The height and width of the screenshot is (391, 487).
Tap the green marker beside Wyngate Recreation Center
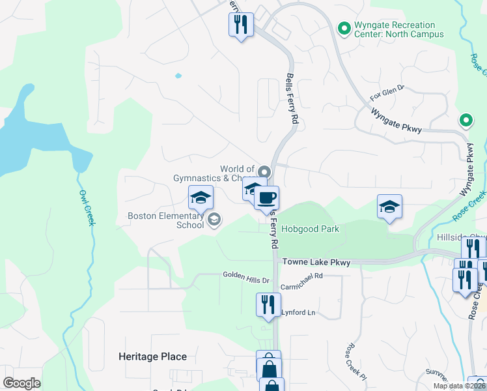coord(344,28)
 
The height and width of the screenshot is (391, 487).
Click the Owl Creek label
coord(87,207)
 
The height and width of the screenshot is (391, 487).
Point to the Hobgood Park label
coord(310,229)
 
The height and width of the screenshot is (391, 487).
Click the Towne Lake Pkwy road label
coord(316,262)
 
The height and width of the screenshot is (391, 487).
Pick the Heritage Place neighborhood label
coord(152,356)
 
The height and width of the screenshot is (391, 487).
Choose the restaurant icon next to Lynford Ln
coord(267,304)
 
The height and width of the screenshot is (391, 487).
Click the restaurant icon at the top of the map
coord(241,25)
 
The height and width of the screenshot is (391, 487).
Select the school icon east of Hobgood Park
coord(389,207)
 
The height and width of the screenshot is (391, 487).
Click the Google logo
coord(21,383)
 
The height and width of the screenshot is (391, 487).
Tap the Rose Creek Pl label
coord(357,362)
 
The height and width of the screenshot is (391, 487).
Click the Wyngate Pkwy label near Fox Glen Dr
coord(397,121)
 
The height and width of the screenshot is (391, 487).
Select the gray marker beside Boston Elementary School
coord(214,220)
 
